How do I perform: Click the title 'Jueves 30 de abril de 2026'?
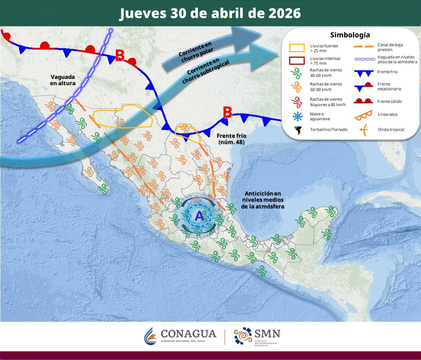coord(210,13)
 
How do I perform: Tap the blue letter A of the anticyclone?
coord(199,216)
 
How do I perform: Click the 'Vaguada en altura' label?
coord(63,80)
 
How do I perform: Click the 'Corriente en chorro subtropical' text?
coord(206,71)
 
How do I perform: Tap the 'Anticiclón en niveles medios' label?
coord(263,200)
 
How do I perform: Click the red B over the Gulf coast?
coord(227,112)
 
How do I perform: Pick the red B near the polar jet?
coord(120,55)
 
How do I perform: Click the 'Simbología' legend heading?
coord(350,35)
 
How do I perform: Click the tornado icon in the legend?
coord(297,129)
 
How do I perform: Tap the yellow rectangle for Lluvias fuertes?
coord(297,47)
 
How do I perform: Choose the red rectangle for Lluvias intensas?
coord(297,61)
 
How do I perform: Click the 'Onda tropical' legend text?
coord(391,129)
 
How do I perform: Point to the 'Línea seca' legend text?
coord(387,114)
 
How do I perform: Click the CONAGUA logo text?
coord(188,334)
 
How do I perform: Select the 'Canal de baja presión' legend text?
coord(390,47)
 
